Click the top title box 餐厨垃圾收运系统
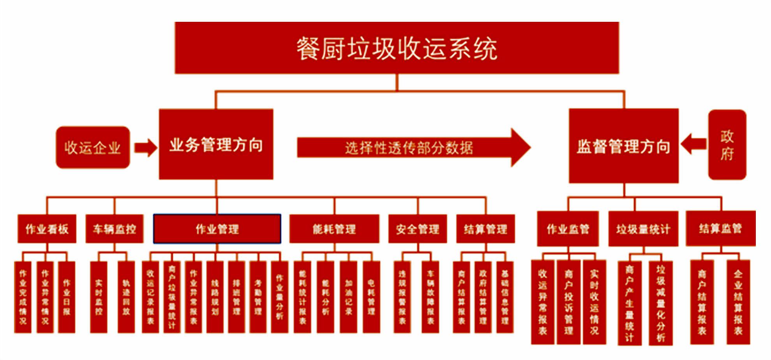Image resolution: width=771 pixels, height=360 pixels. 397,48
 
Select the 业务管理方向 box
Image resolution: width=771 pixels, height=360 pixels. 216,144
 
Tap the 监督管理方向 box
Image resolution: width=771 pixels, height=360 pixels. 623,146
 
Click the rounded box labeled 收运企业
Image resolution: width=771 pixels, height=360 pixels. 93,147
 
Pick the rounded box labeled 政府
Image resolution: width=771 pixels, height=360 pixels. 727,145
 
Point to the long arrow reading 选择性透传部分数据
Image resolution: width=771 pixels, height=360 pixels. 409,148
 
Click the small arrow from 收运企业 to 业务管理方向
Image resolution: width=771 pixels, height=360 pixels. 145,148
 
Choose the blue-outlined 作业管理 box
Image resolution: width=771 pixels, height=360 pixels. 217,229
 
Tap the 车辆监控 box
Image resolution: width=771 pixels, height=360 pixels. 114,229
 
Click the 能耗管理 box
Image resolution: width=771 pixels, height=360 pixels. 334,229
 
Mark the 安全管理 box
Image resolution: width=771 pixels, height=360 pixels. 417,229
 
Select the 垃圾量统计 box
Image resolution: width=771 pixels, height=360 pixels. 643,229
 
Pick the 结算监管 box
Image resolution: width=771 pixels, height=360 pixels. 720,228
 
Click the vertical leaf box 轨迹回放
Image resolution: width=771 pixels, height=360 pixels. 126,297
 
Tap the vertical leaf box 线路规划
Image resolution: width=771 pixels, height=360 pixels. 215,297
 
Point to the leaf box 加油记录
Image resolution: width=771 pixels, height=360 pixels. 348,297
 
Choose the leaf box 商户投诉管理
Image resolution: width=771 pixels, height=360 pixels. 568,302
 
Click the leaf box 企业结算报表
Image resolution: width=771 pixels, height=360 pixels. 738,302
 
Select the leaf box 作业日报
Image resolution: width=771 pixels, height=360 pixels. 67,297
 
